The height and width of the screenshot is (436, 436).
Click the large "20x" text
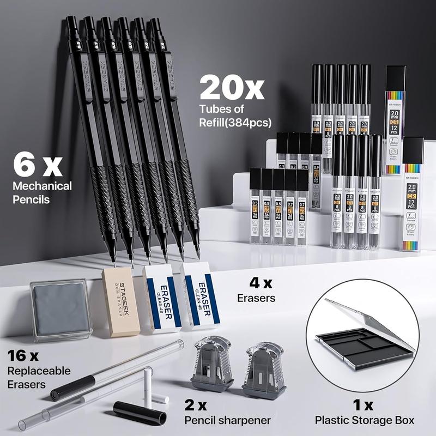tap(232, 87)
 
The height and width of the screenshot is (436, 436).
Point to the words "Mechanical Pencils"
tap(42, 192)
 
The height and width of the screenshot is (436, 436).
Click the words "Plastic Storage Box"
tap(365, 420)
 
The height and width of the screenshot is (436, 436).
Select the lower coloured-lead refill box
tap(413, 193)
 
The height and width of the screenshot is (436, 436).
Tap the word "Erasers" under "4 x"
tap(256, 298)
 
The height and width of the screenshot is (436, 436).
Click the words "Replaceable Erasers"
tap(39, 377)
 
